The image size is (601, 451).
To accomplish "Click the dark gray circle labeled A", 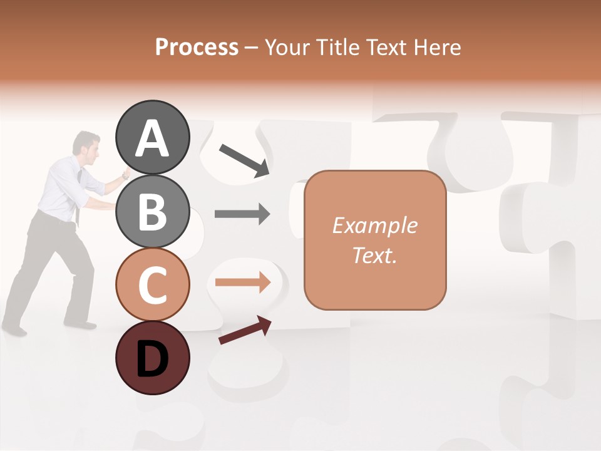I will (x=152, y=137).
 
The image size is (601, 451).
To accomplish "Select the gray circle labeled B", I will (x=152, y=211).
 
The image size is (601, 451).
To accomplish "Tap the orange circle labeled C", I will (x=152, y=284).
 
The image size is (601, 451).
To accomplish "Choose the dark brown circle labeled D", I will (x=152, y=358).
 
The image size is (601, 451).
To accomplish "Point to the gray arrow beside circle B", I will (x=242, y=214).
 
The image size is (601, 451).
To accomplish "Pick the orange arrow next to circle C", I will (x=242, y=283).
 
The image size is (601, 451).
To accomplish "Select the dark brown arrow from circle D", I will (x=245, y=330).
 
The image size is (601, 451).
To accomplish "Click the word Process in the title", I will (x=197, y=47).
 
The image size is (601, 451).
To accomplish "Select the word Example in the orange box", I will (x=374, y=225).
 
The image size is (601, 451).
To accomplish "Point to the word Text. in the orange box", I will (x=374, y=255).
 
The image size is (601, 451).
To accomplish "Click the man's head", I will (x=87, y=143).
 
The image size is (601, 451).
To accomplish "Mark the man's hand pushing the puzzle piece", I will (x=126, y=174).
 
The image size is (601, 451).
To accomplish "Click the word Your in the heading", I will (x=285, y=47).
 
